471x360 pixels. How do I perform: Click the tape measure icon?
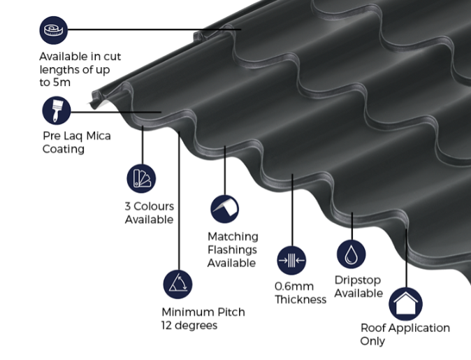coord(54,30)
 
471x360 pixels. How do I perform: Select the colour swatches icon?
coord(141,178)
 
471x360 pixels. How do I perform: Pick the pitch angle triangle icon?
coord(177,284)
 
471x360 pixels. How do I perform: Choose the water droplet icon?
coord(351,254)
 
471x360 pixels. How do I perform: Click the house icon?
coord(405,303)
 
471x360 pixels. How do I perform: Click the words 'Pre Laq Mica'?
coord(77,136)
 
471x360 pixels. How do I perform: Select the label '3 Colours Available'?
coord(149,213)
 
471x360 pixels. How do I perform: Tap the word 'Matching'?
coord(233,236)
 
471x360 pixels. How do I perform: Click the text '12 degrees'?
coord(189,325)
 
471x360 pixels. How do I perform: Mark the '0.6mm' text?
coord(294,287)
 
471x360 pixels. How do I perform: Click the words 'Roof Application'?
coord(405,328)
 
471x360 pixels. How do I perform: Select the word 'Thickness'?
coord(300,300)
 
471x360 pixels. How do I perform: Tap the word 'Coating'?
coord(64,149)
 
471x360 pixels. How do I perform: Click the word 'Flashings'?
coord(232,250)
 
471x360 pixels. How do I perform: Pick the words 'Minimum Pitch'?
coord(203,312)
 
